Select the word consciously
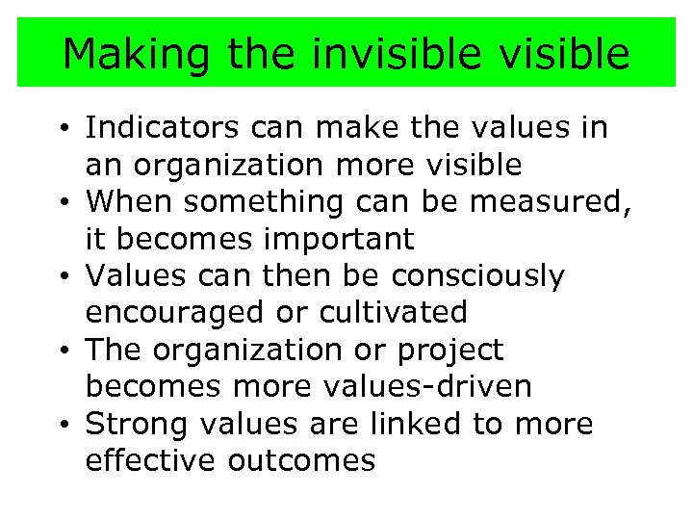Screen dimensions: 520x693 (x=477, y=276)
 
